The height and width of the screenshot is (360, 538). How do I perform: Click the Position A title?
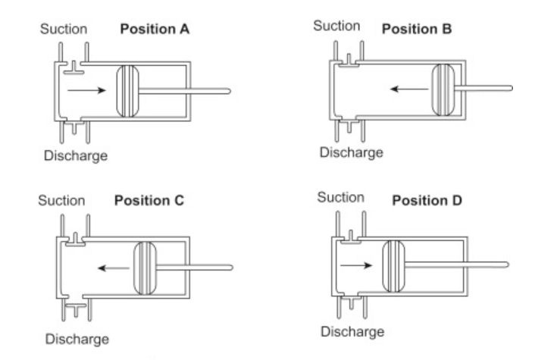tap(155, 31)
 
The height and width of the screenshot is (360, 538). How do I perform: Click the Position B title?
tap(416, 29)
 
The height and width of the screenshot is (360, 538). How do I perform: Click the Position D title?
tap(427, 202)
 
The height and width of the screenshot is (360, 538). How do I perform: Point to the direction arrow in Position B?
tap(405, 88)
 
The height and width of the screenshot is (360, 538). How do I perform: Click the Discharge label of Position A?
tap(74, 155)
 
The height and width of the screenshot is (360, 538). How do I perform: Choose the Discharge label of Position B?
tap(351, 152)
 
